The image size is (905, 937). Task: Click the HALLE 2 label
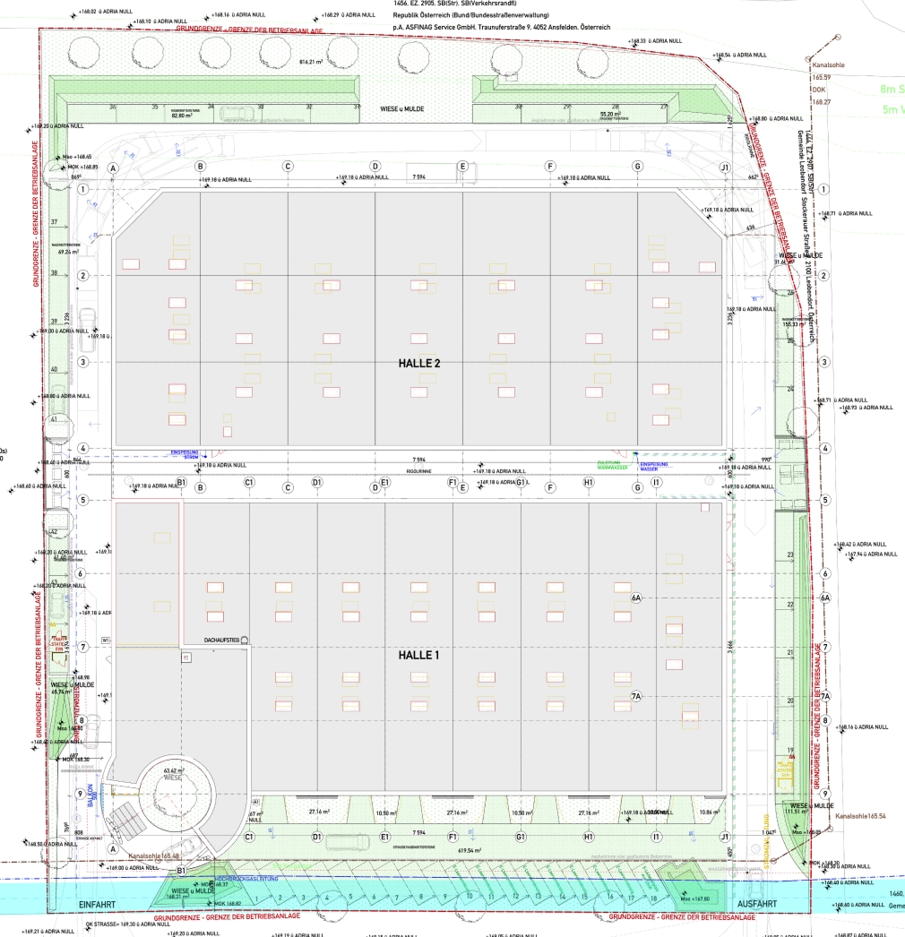(x=418, y=364)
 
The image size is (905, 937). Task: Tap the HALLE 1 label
(x=418, y=656)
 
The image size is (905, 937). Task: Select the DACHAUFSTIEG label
(x=220, y=640)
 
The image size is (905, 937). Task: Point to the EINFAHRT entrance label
(x=98, y=905)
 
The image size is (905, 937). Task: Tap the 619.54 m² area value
(x=469, y=851)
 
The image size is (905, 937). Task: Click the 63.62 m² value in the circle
(x=173, y=769)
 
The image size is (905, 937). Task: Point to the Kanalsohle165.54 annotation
(x=860, y=817)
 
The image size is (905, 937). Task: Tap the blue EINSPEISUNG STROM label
(x=184, y=454)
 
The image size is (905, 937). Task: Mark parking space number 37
(x=54, y=222)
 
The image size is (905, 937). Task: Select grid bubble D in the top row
(x=375, y=167)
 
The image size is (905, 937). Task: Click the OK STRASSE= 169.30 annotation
(x=116, y=924)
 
